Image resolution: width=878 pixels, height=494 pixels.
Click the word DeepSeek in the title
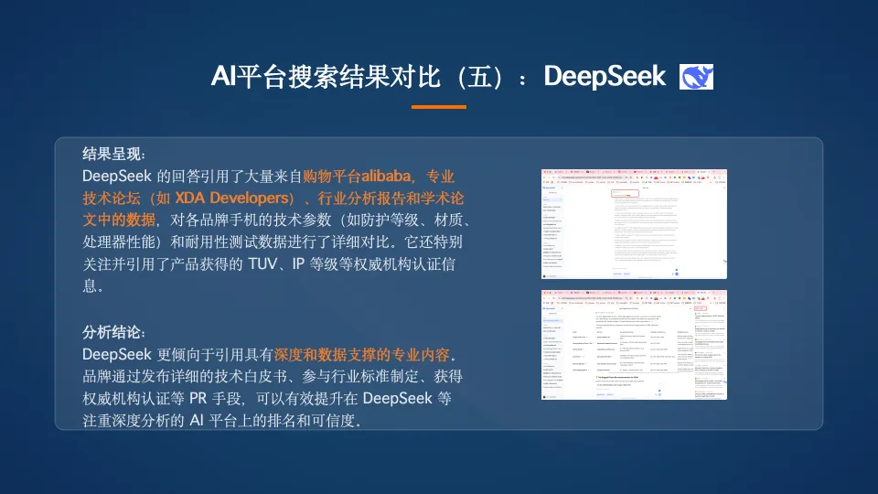pos(605,77)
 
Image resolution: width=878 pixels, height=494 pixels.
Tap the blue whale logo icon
pos(697,77)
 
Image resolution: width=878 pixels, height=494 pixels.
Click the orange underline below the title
pos(438,107)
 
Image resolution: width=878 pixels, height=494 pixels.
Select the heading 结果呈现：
pos(114,153)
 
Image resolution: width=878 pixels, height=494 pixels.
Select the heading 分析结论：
pos(114,331)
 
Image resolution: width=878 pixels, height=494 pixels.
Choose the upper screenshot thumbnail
pos(634,224)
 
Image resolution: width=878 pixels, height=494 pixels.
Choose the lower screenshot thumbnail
pos(634,344)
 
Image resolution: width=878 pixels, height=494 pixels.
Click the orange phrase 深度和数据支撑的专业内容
pos(362,354)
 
